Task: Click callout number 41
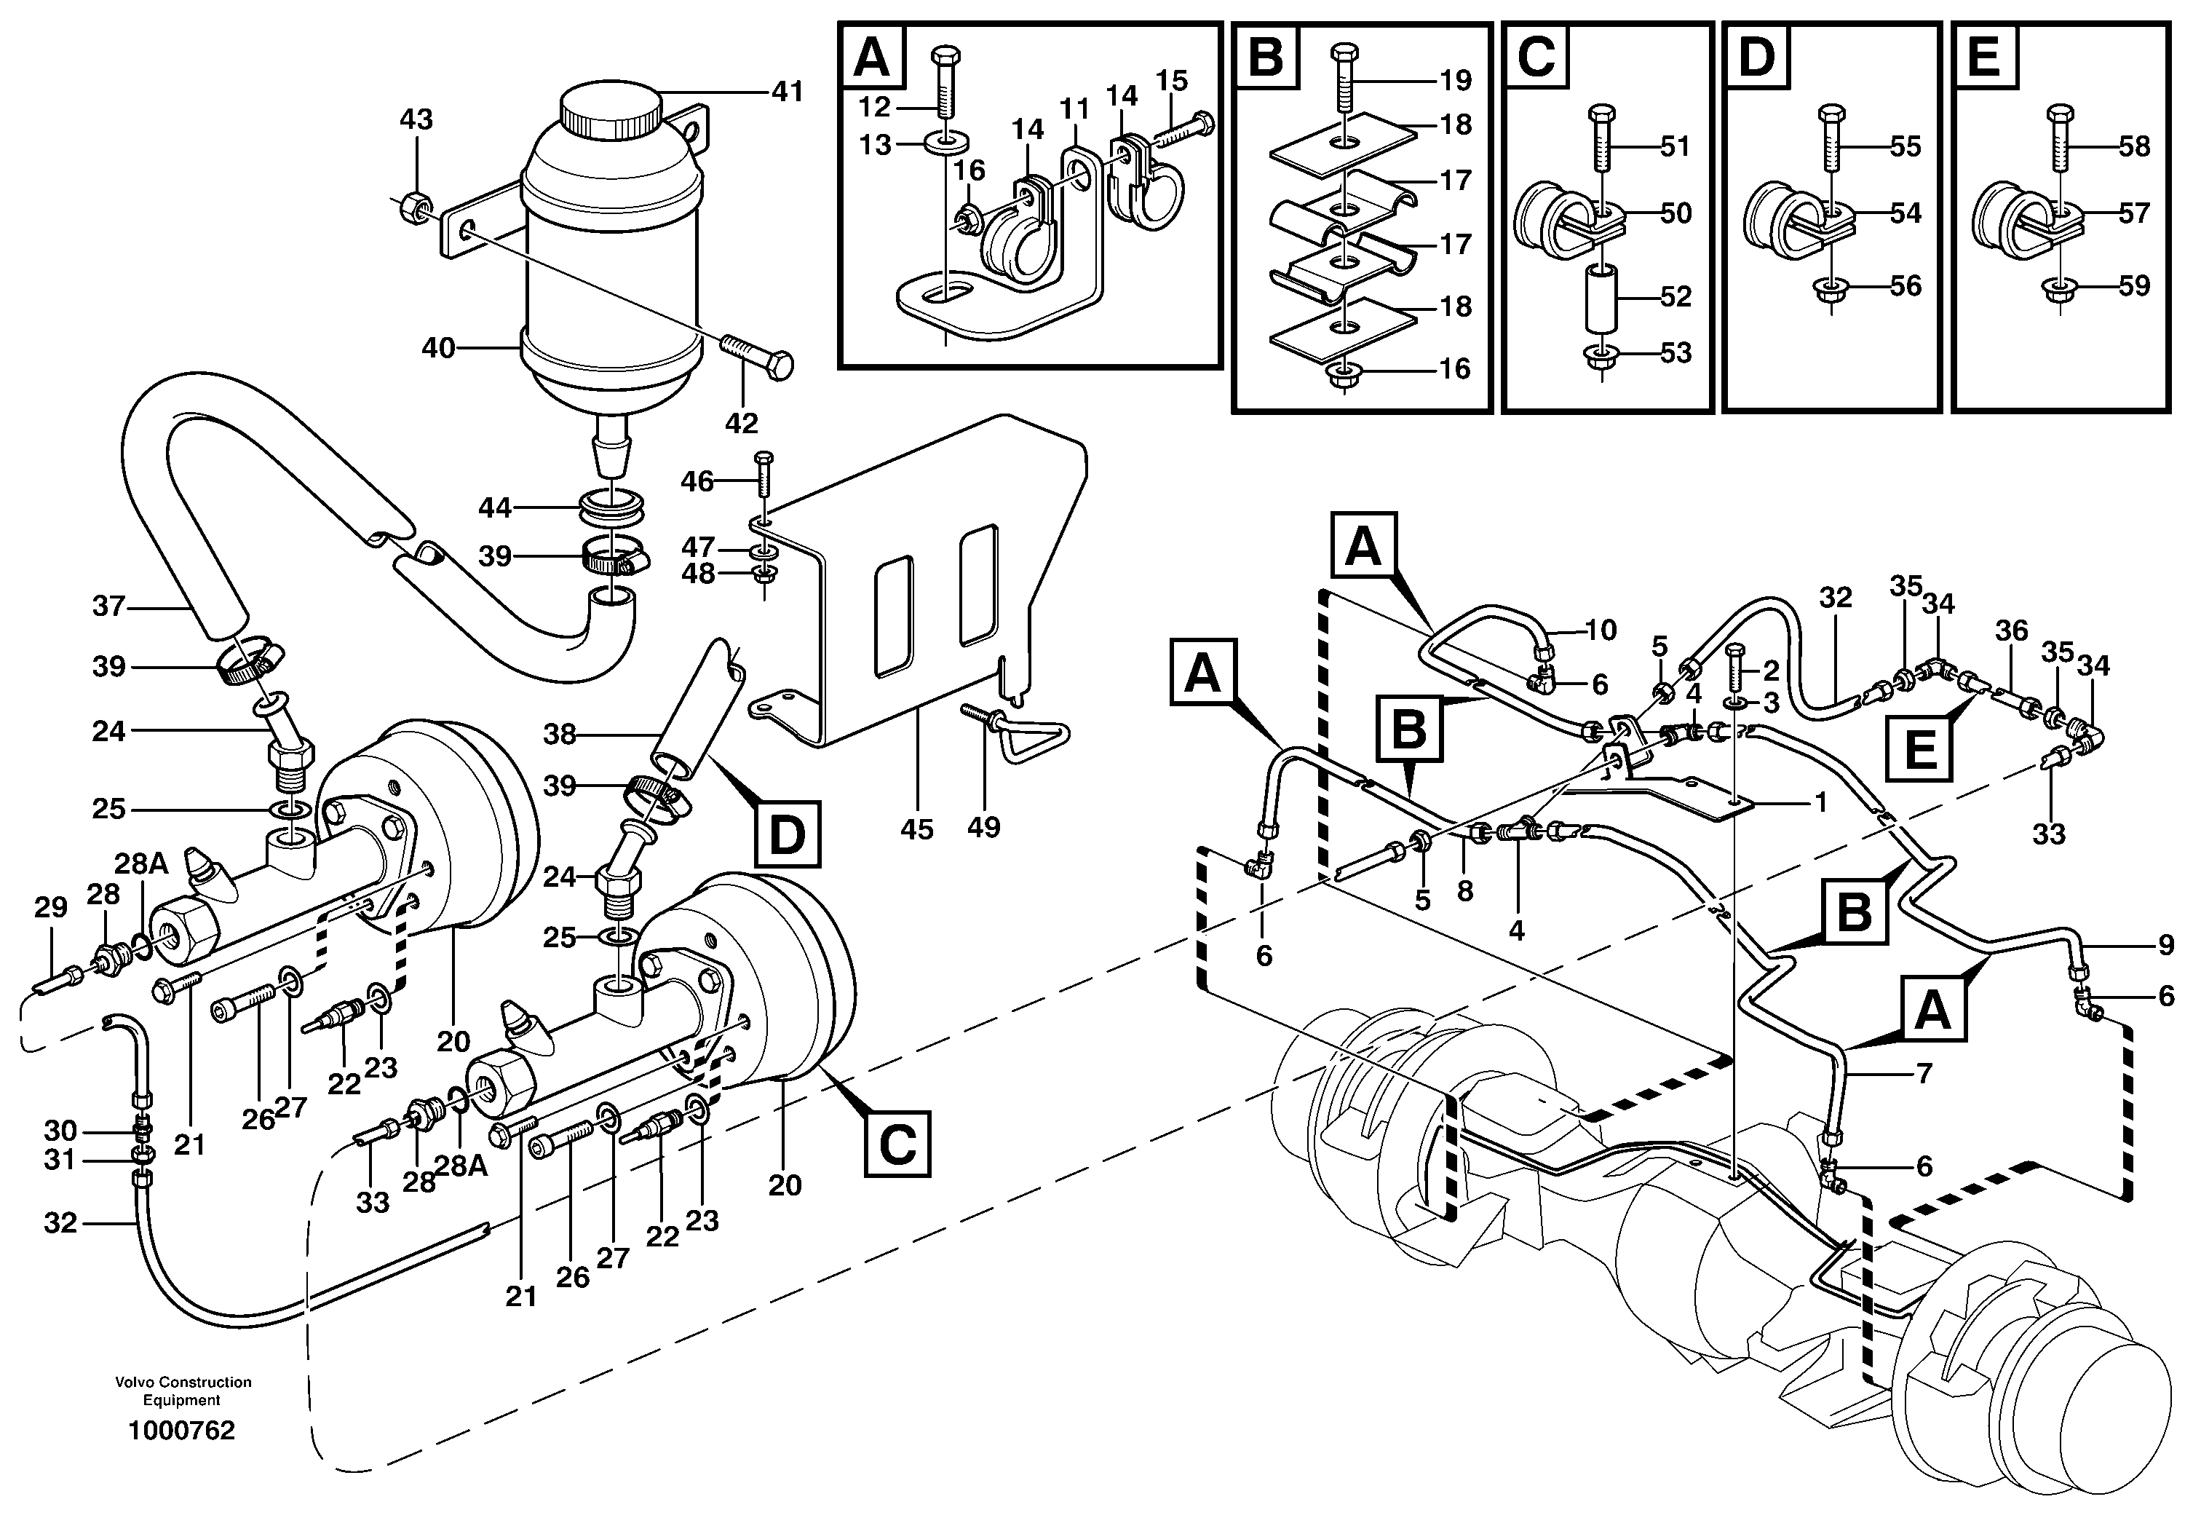click(x=788, y=92)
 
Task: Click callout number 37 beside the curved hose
click(x=109, y=606)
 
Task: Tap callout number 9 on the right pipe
click(x=2165, y=946)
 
